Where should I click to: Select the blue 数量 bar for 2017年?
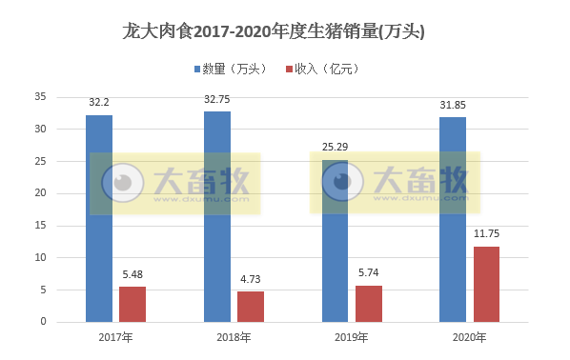(99, 218)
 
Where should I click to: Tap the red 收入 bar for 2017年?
(132, 304)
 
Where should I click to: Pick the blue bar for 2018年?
(217, 216)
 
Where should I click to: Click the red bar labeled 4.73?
(251, 307)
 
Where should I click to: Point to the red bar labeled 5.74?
(369, 303)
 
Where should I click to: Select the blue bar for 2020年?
(453, 219)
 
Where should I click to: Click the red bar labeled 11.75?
(487, 284)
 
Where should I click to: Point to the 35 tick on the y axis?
(39, 96)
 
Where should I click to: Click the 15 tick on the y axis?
(39, 225)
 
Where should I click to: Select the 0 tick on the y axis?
(43, 322)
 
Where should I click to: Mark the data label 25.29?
(335, 147)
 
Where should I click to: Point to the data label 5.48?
(132, 274)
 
